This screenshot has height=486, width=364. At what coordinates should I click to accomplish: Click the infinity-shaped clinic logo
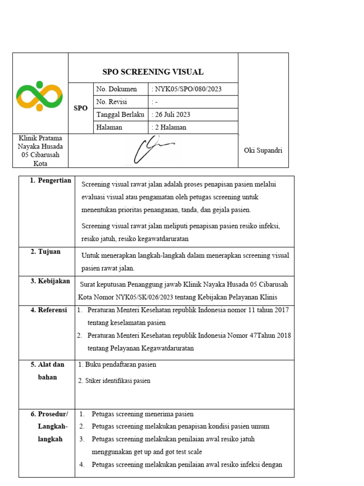(40, 96)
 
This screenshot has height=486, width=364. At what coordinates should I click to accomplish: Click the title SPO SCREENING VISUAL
(153, 72)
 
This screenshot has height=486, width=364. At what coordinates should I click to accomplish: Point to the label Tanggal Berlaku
(120, 115)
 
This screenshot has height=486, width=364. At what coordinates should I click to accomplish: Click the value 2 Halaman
(170, 127)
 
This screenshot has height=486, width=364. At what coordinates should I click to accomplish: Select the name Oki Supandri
(263, 150)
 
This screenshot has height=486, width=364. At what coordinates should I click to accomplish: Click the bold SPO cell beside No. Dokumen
(81, 108)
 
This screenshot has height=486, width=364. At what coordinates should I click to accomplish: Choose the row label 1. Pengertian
(50, 181)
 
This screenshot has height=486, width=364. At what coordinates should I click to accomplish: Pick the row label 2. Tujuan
(45, 252)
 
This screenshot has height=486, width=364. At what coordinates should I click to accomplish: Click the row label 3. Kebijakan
(50, 281)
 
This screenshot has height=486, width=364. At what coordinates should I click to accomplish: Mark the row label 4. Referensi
(49, 310)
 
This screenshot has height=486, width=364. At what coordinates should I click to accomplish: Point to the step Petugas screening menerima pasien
(143, 414)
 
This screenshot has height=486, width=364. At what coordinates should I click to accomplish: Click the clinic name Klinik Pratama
(40, 138)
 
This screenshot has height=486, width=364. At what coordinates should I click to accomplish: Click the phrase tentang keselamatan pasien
(127, 323)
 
